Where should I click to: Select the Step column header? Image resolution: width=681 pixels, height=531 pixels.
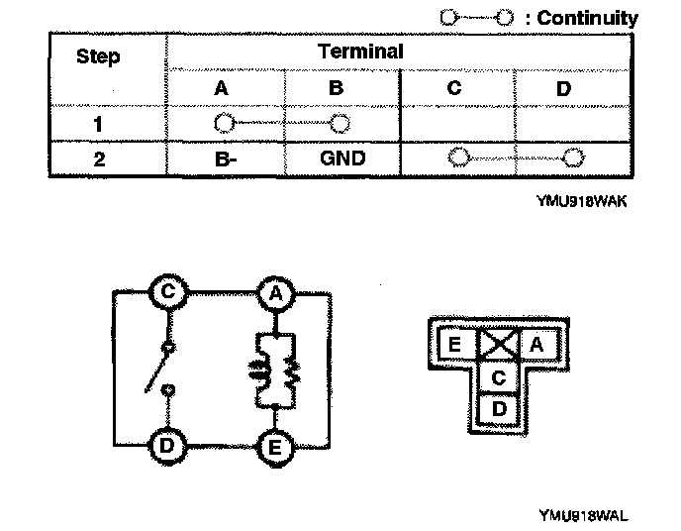click(98, 55)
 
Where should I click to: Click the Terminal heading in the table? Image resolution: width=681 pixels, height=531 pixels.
click(360, 52)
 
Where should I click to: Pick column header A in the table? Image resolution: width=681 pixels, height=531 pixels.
click(222, 88)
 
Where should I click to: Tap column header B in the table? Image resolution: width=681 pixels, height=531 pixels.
click(336, 88)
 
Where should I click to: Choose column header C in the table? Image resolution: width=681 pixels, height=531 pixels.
click(453, 88)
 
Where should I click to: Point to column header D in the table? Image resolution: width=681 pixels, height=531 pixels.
click(564, 88)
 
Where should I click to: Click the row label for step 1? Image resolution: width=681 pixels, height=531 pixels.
click(98, 125)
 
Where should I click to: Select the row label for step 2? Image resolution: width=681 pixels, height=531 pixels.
click(98, 159)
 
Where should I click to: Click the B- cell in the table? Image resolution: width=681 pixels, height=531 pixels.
click(222, 159)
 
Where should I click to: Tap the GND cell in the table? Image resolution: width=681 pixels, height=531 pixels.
click(341, 159)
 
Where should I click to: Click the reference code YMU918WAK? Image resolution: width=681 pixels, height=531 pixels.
click(584, 199)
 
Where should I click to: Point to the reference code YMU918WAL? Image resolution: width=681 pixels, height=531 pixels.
click(584, 514)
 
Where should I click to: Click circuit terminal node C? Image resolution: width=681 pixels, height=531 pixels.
click(169, 292)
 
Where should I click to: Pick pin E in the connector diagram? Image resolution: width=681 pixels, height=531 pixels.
click(455, 345)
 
